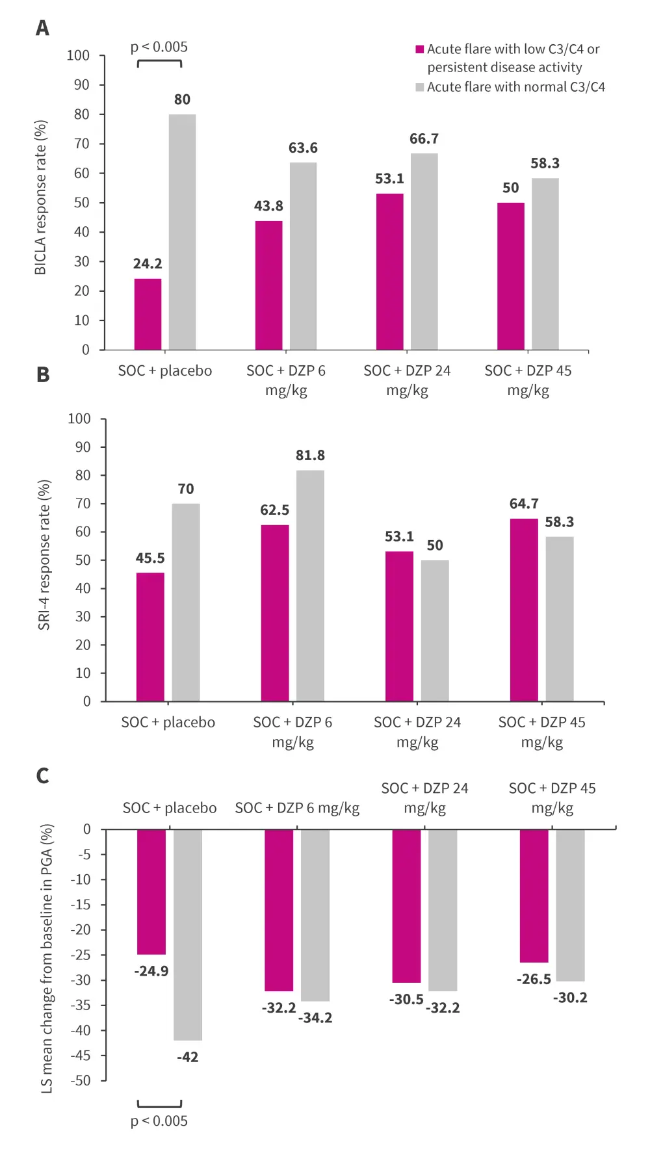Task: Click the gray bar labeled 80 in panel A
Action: pos(182,232)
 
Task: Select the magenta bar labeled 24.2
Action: pos(148,314)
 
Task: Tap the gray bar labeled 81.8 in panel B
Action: pos(310,585)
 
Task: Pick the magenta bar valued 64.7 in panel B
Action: pos(524,610)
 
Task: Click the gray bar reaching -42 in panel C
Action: pos(187,935)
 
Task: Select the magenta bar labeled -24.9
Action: pos(151,892)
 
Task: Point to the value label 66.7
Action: pos(424,139)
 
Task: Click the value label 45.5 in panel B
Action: pos(150,558)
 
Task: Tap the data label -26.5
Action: pos(534,979)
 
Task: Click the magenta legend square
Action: pos(420,49)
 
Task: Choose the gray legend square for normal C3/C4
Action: pos(420,87)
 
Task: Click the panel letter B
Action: pos(43,375)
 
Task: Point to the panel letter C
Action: pos(43,775)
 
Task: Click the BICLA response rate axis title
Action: pos(40,198)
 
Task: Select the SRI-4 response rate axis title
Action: pos(44,555)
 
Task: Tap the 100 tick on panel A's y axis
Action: pos(78,56)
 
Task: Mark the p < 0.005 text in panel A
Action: pos(159,47)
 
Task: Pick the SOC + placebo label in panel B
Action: pos(168,722)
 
